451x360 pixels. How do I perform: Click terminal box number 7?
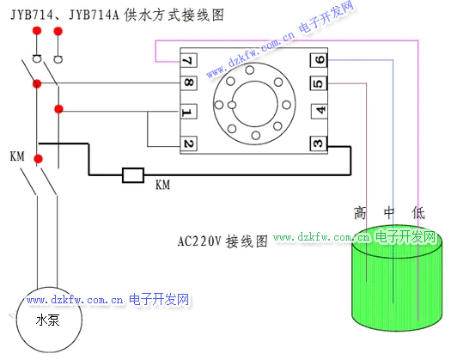189,60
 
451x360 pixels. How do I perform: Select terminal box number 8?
189,82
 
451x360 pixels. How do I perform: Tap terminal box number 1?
188,112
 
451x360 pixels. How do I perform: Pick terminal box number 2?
189,143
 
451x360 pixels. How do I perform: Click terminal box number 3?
319,143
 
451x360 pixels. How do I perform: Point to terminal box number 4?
320,111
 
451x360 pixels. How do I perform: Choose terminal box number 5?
319,83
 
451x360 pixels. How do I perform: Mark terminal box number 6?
319,60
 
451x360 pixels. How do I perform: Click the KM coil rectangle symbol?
133,175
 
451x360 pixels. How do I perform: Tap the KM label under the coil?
163,185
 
